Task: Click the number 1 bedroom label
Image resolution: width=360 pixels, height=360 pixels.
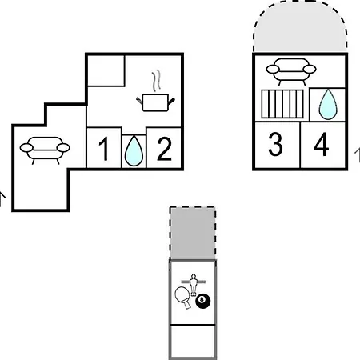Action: (104, 149)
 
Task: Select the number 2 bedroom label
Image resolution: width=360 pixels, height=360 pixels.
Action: (164, 149)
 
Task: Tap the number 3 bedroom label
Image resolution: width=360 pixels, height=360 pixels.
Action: (275, 144)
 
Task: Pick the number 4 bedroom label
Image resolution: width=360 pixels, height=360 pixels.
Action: (321, 144)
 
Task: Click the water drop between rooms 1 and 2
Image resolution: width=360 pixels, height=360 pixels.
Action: (134, 151)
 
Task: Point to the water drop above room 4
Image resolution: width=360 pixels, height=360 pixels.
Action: (328, 104)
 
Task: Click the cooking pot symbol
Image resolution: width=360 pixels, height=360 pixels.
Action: (155, 102)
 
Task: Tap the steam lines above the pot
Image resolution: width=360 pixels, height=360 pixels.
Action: (157, 80)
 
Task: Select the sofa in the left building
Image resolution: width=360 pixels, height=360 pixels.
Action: (45, 150)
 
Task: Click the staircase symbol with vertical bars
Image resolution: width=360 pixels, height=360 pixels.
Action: (282, 104)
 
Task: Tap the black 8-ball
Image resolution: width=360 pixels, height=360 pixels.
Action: (203, 301)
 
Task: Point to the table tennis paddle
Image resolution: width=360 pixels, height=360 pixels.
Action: (183, 297)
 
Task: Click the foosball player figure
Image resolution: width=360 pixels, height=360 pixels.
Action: (193, 284)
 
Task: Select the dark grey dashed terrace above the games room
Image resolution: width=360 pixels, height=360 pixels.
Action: (193, 233)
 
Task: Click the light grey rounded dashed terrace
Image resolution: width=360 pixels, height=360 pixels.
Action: (300, 26)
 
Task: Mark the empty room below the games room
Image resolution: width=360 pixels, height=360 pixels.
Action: (193, 341)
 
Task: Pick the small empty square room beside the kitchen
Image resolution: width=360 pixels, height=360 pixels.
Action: (106, 70)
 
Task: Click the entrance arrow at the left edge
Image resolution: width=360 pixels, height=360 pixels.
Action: (2, 198)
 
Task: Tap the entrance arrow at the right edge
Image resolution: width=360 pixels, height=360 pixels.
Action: (358, 155)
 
